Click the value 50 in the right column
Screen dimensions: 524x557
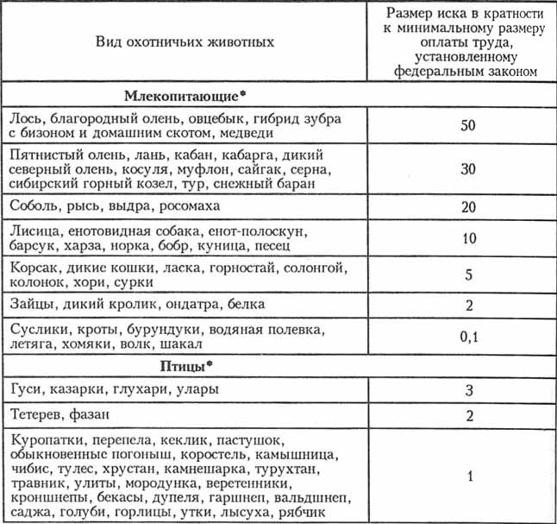coord(468,125)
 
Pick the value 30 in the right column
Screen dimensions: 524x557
coord(468,169)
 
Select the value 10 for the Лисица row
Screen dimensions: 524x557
coord(468,237)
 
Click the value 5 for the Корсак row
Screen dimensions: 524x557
coord(468,274)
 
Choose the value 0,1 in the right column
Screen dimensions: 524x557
coord(468,336)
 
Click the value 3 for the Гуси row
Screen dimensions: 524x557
coord(468,390)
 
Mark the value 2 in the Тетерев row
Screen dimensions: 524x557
coord(468,416)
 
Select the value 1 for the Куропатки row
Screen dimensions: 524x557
coord(468,476)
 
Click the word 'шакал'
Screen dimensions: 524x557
coord(183,344)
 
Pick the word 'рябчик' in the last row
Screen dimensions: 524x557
coord(303,513)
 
